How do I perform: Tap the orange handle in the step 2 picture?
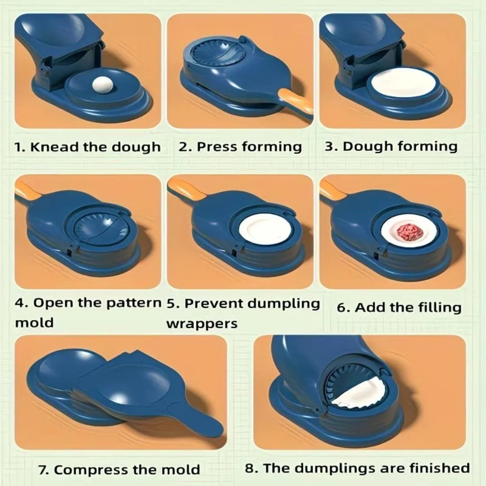pyautogui.click(x=296, y=101)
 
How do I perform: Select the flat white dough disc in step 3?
pyautogui.click(x=400, y=84)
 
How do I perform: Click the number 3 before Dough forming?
pyautogui.click(x=329, y=147)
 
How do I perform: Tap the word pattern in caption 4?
pyautogui.click(x=134, y=303)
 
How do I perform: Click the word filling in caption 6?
pyautogui.click(x=436, y=307)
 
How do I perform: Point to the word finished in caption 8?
pyautogui.click(x=439, y=468)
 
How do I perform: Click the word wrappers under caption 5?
pyautogui.click(x=202, y=323)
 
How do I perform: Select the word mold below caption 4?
pyautogui.click(x=34, y=323)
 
